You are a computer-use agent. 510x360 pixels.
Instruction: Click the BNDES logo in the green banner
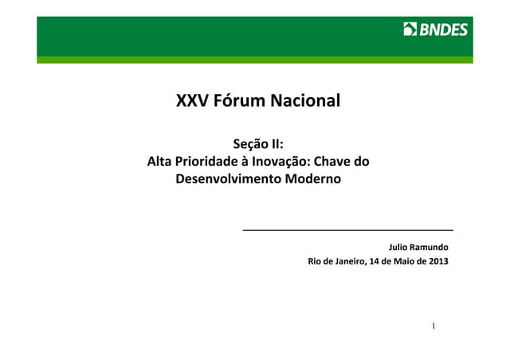tap(436, 30)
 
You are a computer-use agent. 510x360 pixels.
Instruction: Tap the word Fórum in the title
tap(240, 101)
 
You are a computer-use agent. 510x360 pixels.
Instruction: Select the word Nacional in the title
tap(306, 101)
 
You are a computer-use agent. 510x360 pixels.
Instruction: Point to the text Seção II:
tap(258, 144)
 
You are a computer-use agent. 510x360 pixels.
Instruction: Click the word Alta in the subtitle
tap(162, 162)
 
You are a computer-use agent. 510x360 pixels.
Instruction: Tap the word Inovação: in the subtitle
tap(288, 162)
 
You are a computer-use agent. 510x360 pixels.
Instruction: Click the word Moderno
tap(309, 179)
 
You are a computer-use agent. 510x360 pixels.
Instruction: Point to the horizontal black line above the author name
tap(347, 229)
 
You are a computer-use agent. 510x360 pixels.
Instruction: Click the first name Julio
tap(400, 247)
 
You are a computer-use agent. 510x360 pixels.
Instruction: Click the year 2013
tap(437, 262)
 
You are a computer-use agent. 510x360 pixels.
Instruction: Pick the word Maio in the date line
tap(401, 262)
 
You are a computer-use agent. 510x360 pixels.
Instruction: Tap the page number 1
tap(433, 327)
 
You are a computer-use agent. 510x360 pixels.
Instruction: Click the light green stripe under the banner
tap(255, 59)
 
